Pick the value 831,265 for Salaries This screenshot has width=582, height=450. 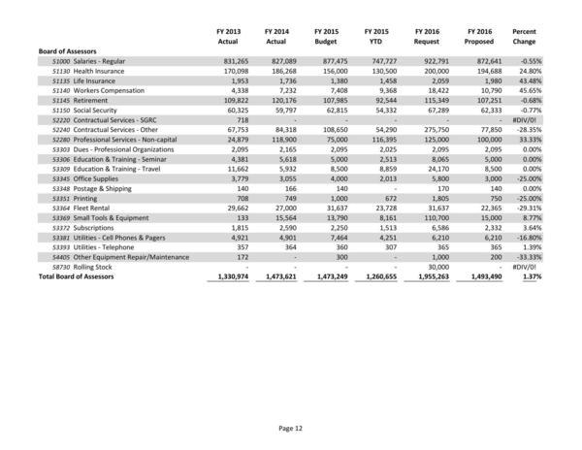(223, 60)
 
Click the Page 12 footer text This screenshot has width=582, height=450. (291, 427)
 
